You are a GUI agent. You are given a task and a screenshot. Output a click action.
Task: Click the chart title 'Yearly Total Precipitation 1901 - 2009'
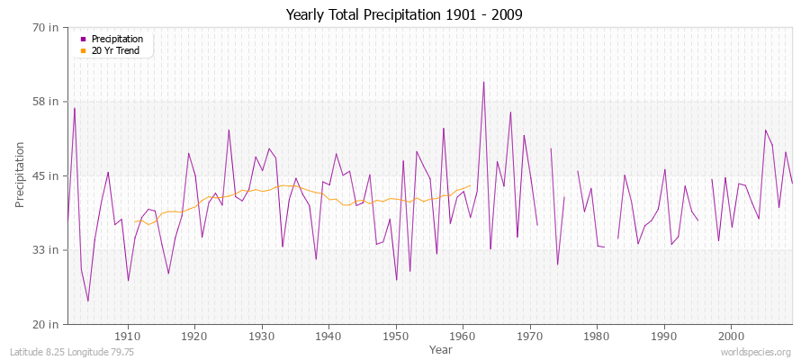pos(404,14)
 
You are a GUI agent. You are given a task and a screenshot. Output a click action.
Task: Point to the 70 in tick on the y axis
pos(45,27)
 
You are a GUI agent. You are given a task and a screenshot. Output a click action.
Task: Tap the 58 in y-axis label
pos(45,102)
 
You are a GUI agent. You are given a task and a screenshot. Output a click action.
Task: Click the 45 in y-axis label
pos(45,175)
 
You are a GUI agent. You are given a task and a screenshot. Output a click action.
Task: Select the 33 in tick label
pos(45,249)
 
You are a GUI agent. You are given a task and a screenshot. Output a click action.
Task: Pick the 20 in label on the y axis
pos(45,323)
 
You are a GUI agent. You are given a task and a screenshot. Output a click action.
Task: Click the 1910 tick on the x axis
pos(128,335)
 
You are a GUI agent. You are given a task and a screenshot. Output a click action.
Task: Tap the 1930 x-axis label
pos(262,335)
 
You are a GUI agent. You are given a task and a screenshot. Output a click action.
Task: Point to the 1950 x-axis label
pos(396,335)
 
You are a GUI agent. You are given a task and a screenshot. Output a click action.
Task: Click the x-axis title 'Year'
pos(440,348)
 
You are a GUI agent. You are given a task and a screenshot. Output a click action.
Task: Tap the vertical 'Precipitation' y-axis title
pos(20,175)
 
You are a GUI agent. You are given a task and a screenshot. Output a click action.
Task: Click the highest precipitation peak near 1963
pos(483,82)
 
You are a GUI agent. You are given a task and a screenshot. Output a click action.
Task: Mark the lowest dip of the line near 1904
pos(88,301)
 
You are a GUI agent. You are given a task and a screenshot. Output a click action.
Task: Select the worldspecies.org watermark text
pos(757,352)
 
